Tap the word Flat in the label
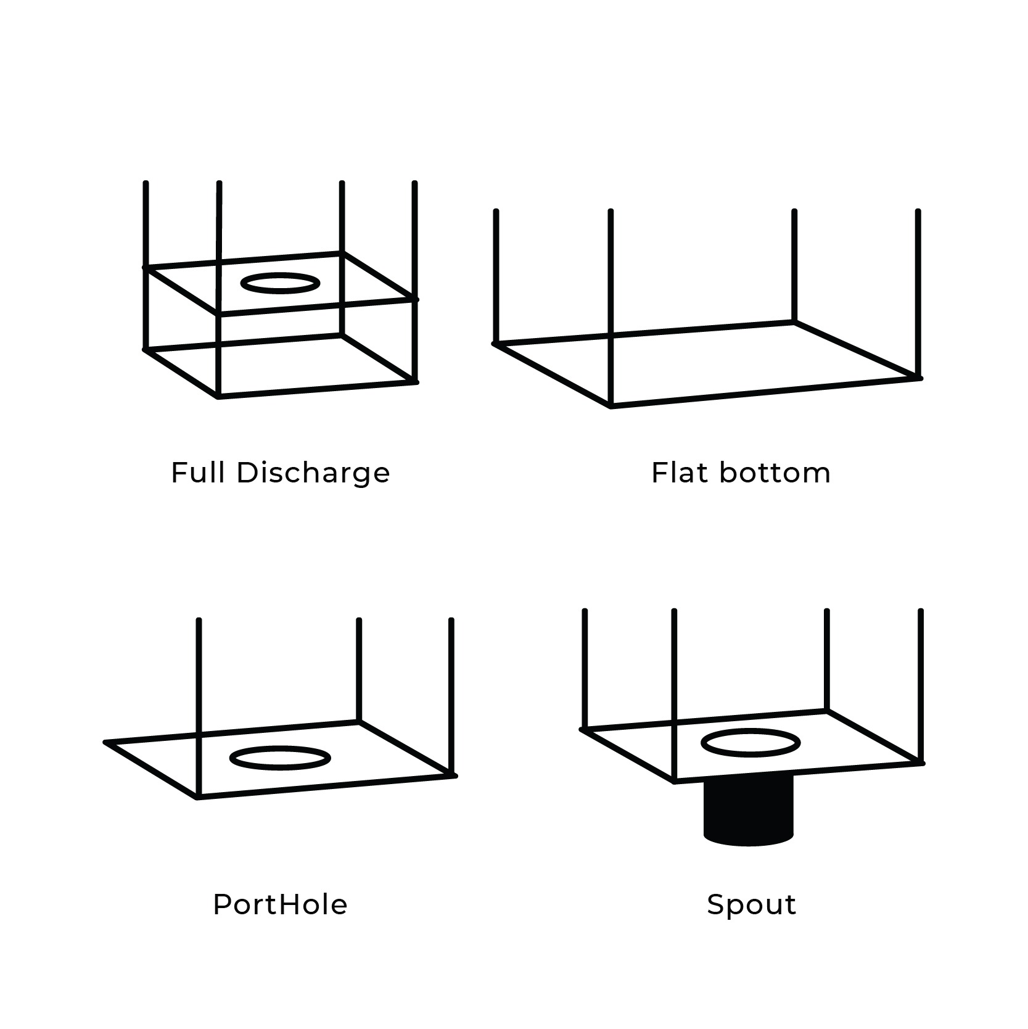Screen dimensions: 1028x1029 (680, 473)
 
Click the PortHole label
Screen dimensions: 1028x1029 (281, 904)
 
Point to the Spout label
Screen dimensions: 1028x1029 (752, 905)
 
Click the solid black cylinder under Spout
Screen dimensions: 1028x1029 (749, 810)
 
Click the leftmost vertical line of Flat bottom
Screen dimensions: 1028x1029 (496, 276)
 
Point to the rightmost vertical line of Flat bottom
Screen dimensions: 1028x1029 (918, 294)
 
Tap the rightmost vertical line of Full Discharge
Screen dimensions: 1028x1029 (414, 282)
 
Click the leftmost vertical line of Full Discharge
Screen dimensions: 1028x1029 (146, 266)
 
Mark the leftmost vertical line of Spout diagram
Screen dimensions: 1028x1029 (584, 670)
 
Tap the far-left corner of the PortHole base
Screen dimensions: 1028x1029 (105, 742)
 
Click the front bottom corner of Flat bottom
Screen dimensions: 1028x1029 (611, 406)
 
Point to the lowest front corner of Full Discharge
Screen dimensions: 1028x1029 (218, 397)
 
